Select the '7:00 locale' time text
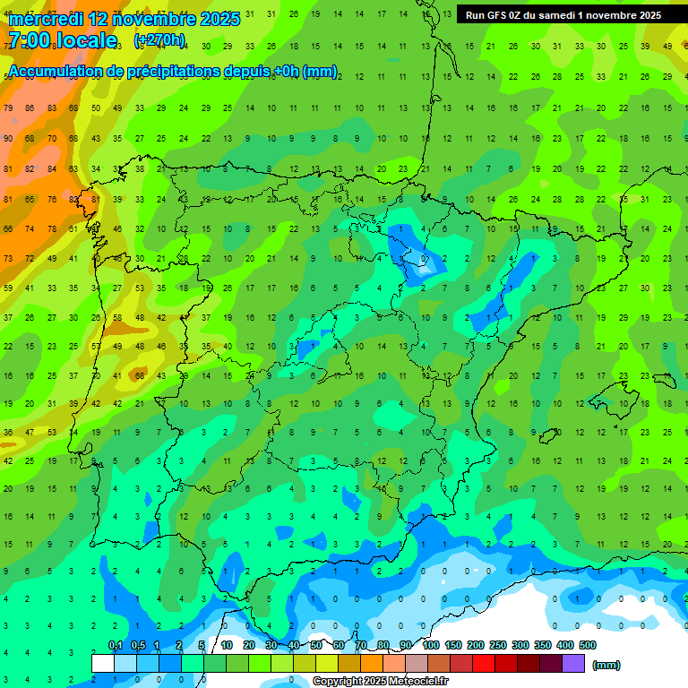63,41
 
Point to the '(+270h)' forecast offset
159,40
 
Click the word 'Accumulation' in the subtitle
56,72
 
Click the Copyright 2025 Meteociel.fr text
380,682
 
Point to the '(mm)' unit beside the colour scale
606,665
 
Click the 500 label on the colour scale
587,645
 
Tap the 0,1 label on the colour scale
116,645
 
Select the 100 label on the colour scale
430,645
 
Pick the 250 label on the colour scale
497,645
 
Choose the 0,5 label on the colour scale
138,645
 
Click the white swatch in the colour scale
103,664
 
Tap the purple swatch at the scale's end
573,664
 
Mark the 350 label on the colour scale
542,645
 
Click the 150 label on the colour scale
452,645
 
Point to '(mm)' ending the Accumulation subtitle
322,72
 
